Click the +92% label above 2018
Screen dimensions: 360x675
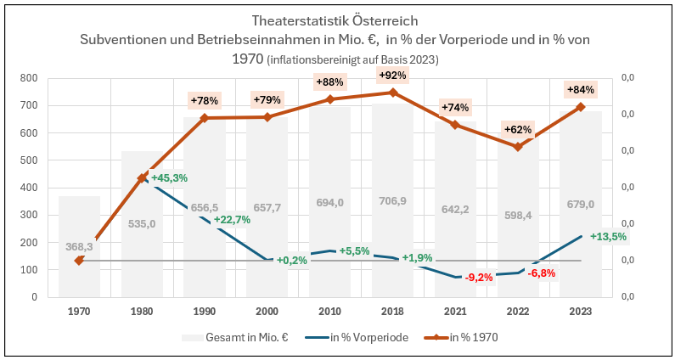pos(392,75)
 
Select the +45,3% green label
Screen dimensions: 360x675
pos(169,178)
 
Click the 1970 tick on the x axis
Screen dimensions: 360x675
pos(79,311)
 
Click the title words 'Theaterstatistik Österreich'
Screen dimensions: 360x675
pos(336,20)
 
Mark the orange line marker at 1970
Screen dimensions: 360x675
pos(79,261)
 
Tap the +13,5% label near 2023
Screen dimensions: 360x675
pos(608,237)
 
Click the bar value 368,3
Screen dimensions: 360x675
pos(79,246)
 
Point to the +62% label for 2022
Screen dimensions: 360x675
pos(518,130)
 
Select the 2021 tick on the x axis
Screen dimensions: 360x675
pos(455,311)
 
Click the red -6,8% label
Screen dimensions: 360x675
pos(541,273)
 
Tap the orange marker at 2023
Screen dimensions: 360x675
pos(581,107)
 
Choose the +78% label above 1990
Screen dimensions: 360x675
pos(205,100)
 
